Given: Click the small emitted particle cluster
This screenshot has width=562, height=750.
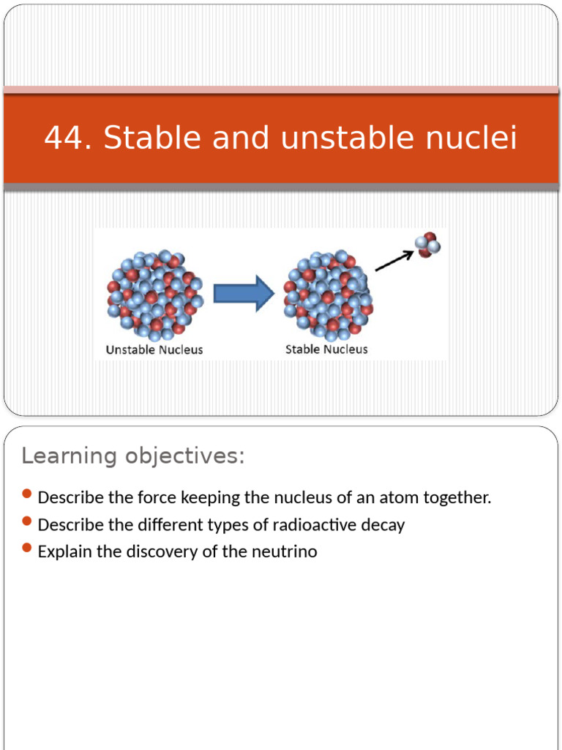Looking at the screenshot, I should [427, 245].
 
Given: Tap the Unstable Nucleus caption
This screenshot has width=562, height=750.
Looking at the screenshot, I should [154, 349].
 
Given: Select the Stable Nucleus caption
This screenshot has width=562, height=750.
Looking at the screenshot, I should [326, 349].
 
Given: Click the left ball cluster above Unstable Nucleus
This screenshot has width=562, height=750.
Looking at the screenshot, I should [154, 294].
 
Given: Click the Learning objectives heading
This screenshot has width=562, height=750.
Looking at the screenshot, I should [133, 456].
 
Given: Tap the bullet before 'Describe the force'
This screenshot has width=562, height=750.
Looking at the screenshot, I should [28, 495].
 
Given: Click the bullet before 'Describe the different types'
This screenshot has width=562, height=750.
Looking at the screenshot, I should [28, 522].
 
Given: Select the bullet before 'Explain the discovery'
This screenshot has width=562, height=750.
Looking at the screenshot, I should [28, 549].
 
